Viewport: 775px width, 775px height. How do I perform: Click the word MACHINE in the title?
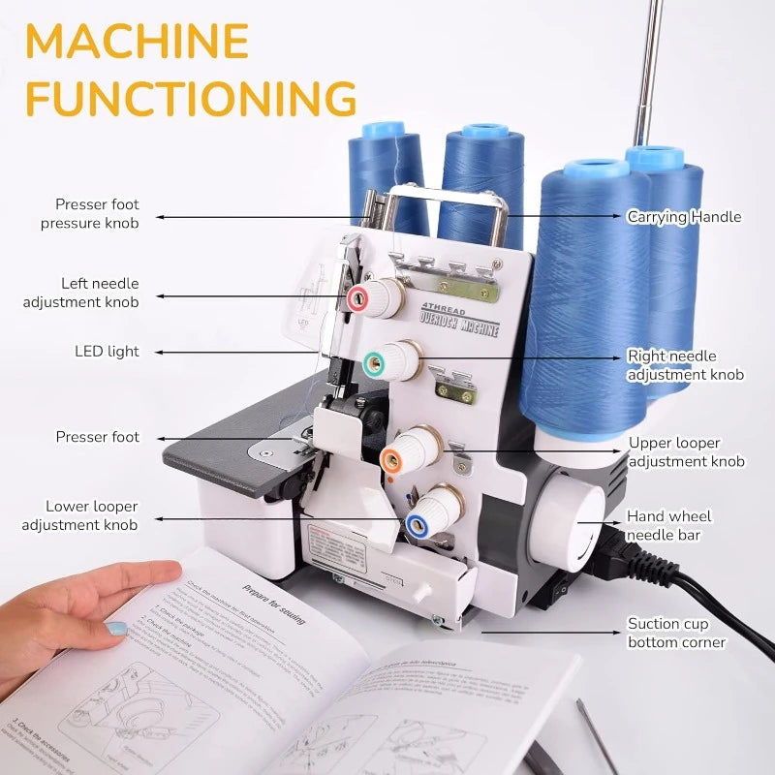pos(137,41)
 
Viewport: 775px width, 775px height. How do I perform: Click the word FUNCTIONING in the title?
pos(190,98)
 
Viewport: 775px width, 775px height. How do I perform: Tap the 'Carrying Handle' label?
pos(683,217)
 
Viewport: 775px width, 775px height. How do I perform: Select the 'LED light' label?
pos(107,352)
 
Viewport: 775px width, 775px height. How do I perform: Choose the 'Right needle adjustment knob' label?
pos(685,365)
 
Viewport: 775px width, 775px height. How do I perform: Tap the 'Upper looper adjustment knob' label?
pos(686,452)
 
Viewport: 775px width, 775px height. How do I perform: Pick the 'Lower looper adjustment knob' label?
pos(92,515)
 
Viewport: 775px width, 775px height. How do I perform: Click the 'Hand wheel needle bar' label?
pos(668,526)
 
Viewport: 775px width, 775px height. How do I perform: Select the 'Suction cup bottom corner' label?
pos(675,633)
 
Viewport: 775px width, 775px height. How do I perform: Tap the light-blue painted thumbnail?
pos(116,628)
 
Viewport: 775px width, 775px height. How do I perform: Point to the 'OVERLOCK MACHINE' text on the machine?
pos(458,323)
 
